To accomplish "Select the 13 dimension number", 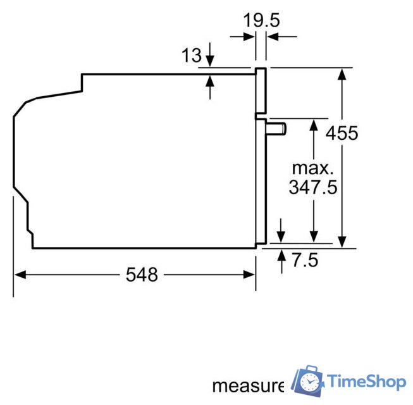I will pos(191,56).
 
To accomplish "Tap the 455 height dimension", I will pos(342,134).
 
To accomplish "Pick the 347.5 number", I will pos(312,187).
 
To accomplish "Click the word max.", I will pos(312,168).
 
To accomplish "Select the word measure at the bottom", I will pos(247,385).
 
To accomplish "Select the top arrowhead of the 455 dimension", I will pos(342,73).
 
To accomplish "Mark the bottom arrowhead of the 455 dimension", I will pos(342,242).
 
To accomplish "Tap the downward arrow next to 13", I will pos(210,61).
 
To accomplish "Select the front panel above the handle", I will pos(261,90).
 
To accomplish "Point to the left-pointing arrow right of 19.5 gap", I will pos(272,37).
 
